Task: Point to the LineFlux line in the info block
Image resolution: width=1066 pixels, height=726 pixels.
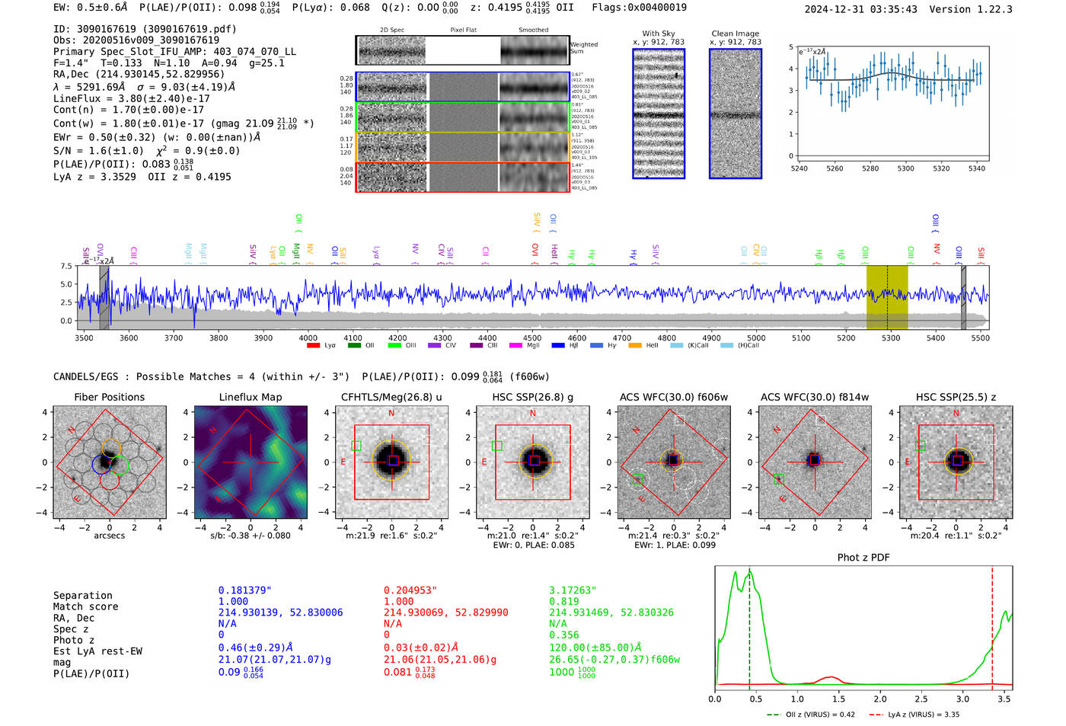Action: coord(131,98)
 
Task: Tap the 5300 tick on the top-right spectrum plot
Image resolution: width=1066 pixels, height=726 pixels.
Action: coord(905,168)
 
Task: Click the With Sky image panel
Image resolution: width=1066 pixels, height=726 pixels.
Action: coord(659,114)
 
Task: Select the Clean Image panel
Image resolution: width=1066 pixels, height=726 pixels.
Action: coord(735,114)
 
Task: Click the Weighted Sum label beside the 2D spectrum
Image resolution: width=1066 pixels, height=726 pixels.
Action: coord(584,48)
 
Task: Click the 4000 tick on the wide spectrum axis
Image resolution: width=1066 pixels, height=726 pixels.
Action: coord(308,337)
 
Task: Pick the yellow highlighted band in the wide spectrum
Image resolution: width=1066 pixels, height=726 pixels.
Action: coord(887,297)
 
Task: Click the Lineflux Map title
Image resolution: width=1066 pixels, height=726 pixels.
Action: coord(250,397)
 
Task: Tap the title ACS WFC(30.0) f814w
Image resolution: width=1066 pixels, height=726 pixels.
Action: coord(814,397)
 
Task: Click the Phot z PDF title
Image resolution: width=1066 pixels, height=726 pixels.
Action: coord(863,558)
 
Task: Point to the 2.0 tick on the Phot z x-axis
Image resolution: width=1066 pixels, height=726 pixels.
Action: coord(880,699)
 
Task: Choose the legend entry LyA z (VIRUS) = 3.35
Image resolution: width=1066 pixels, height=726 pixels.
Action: coord(923,715)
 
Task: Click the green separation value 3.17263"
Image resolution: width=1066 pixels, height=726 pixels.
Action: coord(572,590)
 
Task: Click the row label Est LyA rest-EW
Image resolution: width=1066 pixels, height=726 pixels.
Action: coord(97,651)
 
